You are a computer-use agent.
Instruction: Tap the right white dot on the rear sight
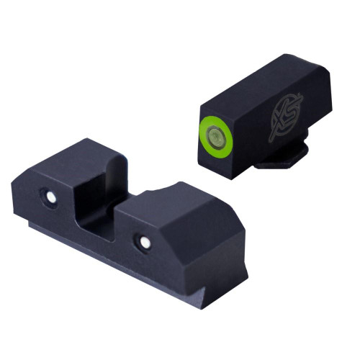pos(144,241)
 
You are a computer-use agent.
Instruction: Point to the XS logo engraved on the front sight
pos(284,115)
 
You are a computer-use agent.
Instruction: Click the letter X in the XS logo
pos(279,119)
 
